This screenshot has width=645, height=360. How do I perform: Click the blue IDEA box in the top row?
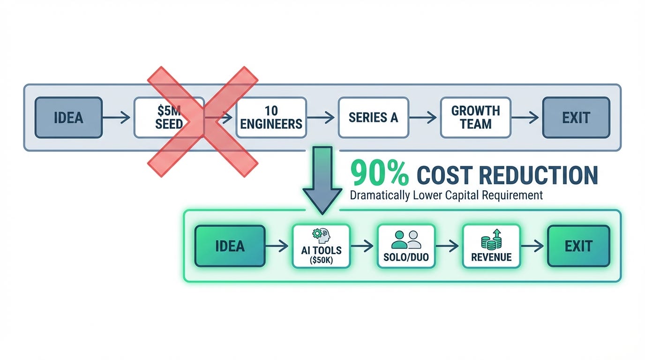68,117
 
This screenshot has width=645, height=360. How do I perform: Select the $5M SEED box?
169,117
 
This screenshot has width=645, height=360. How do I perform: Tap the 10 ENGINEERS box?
271,117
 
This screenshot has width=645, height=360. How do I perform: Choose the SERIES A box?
373,117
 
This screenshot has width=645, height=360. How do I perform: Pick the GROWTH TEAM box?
475,117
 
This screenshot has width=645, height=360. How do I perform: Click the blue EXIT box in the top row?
576,117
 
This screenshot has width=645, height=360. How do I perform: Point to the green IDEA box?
230,246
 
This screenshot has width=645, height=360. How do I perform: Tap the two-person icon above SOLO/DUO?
406,239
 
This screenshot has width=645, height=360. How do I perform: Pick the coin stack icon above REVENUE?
491,239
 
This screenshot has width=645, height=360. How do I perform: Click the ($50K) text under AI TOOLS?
321,261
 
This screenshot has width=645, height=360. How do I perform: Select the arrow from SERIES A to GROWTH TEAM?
424,118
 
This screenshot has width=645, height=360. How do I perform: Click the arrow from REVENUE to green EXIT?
533,246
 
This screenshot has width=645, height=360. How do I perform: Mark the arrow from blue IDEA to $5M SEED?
117,118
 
